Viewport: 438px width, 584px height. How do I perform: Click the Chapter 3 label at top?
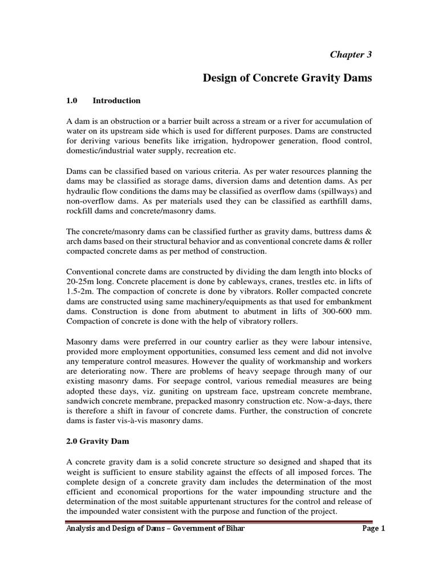pos(351,54)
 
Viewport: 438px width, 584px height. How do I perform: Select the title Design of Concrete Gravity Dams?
pos(287,78)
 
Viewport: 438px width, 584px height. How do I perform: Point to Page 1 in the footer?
pos(374,528)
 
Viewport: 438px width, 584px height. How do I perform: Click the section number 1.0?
pos(72,101)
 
